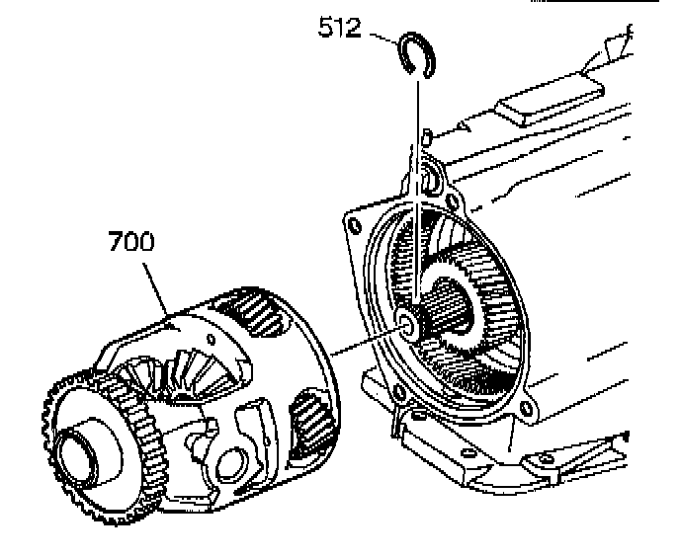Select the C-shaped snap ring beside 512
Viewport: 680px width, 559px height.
click(x=418, y=53)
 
